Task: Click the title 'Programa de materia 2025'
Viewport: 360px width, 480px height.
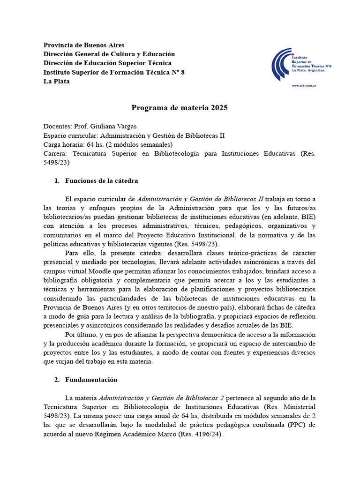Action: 180,108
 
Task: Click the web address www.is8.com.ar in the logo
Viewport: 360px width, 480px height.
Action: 304,86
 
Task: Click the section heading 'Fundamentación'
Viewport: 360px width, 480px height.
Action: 91,380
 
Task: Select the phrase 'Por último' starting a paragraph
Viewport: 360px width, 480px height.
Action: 81,334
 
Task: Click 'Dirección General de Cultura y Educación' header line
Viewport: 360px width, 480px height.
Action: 109,54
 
